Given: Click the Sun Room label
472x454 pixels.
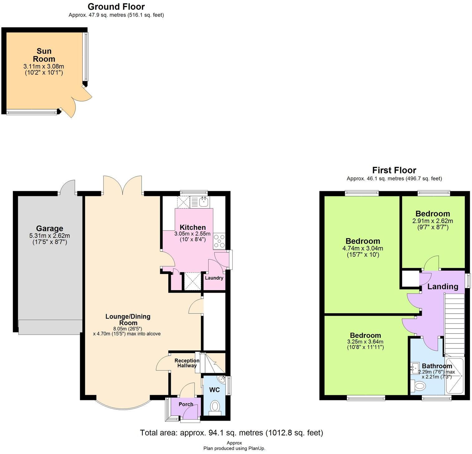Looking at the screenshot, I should [44, 55].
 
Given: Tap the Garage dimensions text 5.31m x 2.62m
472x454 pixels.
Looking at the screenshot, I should [50, 236].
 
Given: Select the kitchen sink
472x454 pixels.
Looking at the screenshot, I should [203, 202].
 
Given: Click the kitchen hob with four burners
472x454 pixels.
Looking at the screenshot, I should [219, 241].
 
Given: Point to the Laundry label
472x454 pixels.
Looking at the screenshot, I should [214, 278].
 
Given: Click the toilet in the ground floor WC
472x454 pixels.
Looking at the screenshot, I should [215, 406].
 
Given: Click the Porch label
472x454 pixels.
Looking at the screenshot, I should [186, 404].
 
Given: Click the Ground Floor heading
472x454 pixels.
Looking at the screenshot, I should [116, 7].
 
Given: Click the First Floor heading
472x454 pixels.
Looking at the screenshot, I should [394, 170].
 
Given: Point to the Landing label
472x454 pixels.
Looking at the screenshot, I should [442, 286].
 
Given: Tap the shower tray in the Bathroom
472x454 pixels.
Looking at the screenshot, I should [455, 376].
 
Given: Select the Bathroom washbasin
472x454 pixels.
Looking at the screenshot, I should [416, 368].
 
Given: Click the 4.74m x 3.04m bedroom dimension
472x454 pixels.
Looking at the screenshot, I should [363, 249].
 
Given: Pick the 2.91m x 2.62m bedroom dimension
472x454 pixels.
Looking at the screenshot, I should [433, 221].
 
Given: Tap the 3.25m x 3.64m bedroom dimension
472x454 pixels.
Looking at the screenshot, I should [365, 342].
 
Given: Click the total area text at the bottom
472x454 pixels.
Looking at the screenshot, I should [231, 433].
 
